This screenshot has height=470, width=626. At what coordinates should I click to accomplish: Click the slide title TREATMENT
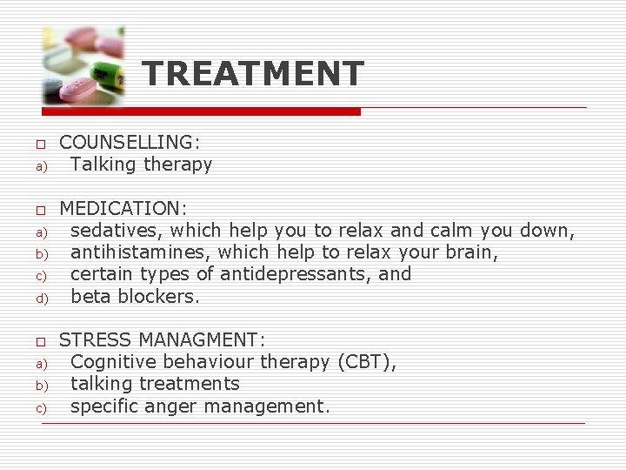253,73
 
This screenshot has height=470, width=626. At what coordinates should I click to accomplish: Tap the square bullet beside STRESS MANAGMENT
40,340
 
